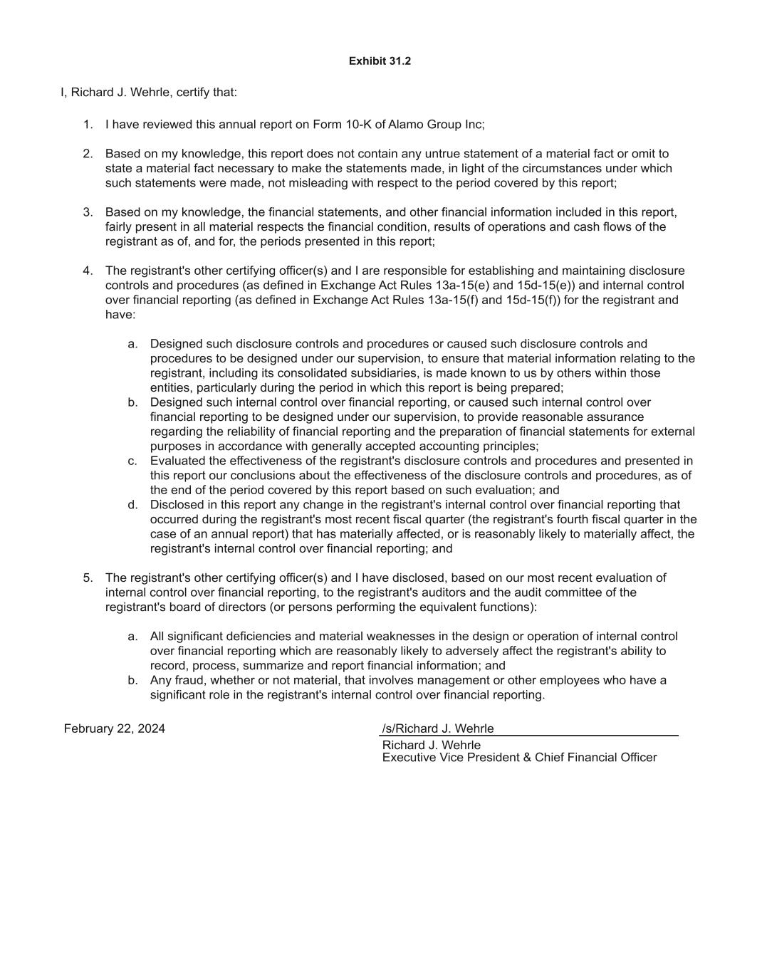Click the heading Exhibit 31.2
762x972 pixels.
tap(380, 61)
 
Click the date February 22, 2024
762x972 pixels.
tap(114, 728)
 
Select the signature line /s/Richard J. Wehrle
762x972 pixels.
tap(437, 728)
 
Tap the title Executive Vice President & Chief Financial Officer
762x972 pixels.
tap(519, 758)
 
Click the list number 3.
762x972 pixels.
tap(88, 212)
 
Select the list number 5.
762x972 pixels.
tap(88, 578)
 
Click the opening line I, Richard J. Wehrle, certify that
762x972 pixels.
tap(149, 93)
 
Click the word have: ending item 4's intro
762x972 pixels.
tap(120, 315)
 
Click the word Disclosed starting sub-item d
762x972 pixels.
tap(178, 505)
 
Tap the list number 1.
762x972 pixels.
tap(88, 125)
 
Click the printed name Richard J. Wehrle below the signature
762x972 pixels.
tap(431, 745)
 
